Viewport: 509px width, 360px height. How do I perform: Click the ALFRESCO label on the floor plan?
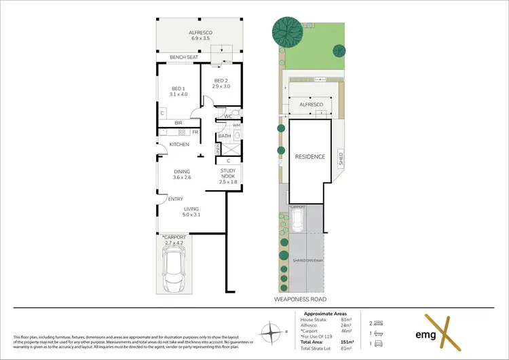point(200,33)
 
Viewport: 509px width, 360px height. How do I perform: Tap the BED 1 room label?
point(178,89)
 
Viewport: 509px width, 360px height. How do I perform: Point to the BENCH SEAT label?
point(183,58)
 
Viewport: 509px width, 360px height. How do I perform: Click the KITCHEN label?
point(179,145)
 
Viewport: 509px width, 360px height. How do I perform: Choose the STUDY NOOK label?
point(228,174)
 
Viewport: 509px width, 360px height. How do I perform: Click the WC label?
point(229,117)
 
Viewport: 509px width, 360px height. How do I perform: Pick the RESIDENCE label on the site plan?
point(309,157)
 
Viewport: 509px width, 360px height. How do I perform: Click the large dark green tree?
point(288,31)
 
